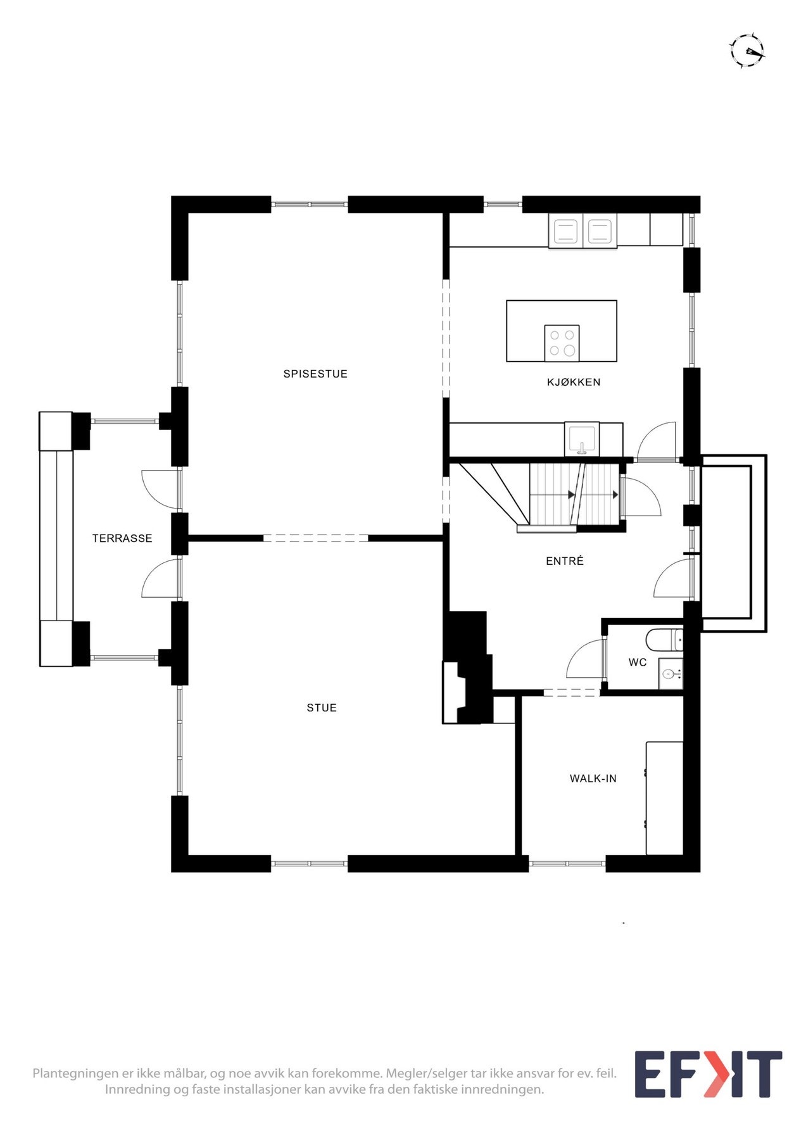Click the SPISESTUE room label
click(x=315, y=374)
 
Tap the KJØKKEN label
click(x=574, y=382)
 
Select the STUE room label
click(x=322, y=708)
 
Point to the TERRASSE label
click(x=122, y=538)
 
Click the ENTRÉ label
click(x=565, y=560)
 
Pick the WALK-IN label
click(x=593, y=778)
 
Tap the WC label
click(x=638, y=662)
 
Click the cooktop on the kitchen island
click(x=562, y=343)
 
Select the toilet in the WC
click(x=664, y=640)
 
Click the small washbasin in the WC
click(x=670, y=674)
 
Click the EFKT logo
click(x=708, y=1075)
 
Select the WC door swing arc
click(x=585, y=659)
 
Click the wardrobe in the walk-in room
click(x=664, y=798)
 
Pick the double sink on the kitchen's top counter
click(x=582, y=231)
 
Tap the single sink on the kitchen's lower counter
click(x=581, y=440)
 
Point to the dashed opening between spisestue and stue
click(x=315, y=538)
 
